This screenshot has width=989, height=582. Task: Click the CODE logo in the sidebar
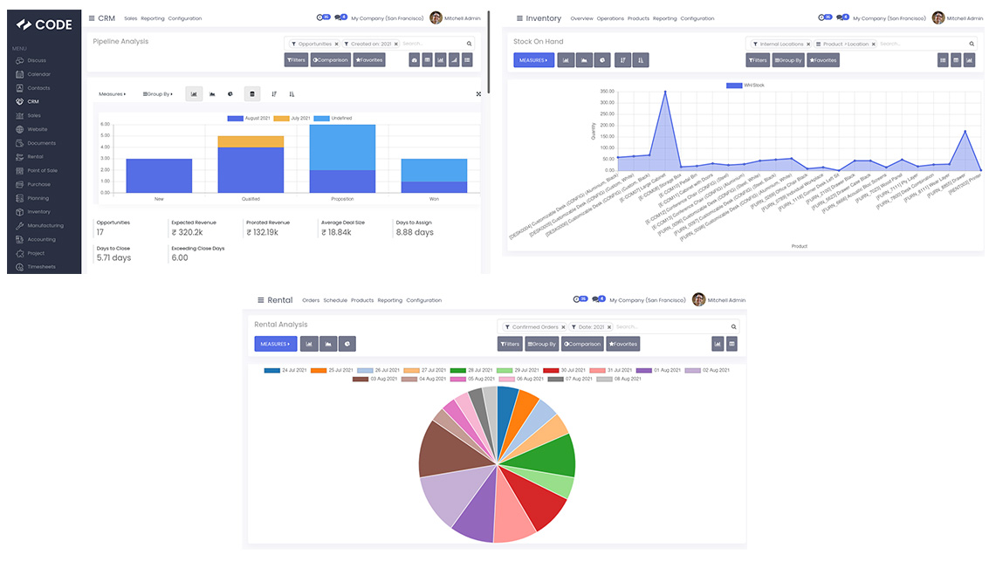click(44, 24)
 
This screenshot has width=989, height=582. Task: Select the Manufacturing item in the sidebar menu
click(45, 226)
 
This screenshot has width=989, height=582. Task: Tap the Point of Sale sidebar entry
click(43, 171)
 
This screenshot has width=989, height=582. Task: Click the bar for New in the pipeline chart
click(159, 175)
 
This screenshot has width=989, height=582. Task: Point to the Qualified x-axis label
click(251, 199)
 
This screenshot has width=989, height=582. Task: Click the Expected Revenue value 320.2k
click(188, 233)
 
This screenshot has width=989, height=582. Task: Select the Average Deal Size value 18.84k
click(337, 233)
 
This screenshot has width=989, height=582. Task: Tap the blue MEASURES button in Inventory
click(533, 60)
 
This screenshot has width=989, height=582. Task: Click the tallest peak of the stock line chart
click(665, 92)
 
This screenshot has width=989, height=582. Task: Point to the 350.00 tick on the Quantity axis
click(607, 91)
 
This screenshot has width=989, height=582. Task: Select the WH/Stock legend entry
click(745, 85)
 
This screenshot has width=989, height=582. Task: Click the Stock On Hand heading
click(538, 42)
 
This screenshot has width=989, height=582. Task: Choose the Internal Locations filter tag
click(781, 44)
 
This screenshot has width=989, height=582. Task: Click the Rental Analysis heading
click(280, 325)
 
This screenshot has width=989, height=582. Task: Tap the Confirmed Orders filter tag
click(534, 327)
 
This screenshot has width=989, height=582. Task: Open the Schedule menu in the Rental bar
click(335, 300)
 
